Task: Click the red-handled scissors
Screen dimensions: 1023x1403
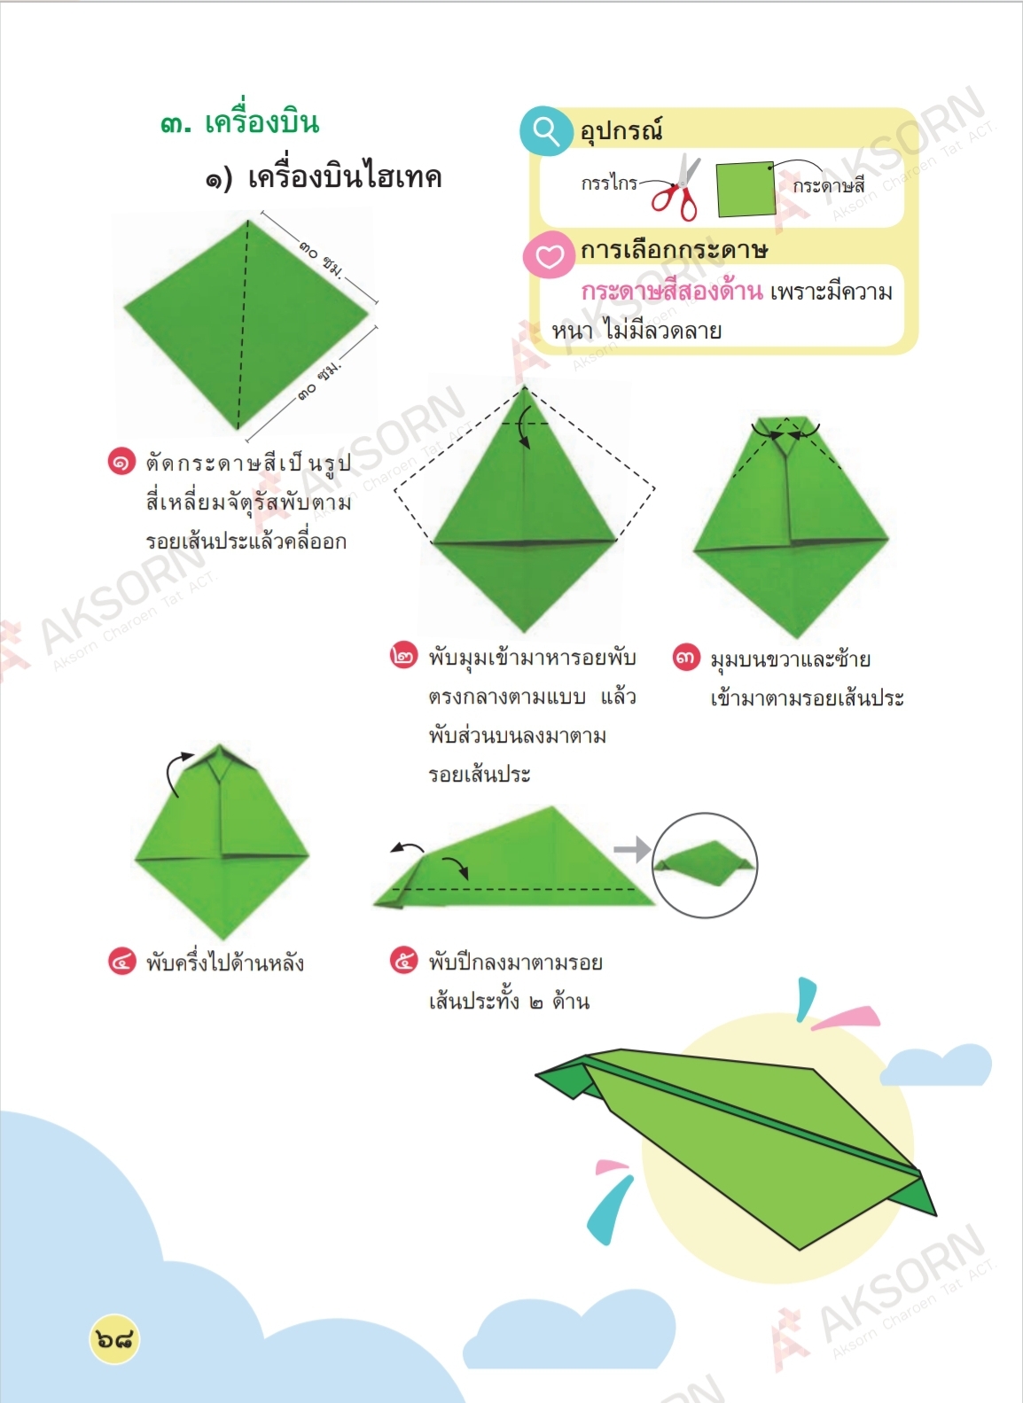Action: [x=675, y=188]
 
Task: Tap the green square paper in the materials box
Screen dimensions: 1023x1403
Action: [x=746, y=189]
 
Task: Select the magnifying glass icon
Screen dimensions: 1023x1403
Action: [x=546, y=131]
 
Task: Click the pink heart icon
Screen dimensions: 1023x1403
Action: [x=550, y=254]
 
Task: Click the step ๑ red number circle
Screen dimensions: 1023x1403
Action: [x=121, y=463]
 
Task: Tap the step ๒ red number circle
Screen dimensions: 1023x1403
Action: [x=403, y=656]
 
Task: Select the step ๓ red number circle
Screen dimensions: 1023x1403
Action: [x=686, y=657]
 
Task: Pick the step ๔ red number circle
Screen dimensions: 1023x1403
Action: [x=121, y=962]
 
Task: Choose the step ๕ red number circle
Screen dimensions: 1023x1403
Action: [x=403, y=960]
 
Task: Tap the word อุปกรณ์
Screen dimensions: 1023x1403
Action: [x=621, y=131]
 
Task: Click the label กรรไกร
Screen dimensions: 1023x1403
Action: [x=609, y=183]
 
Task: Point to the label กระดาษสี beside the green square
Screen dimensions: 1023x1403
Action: [x=829, y=186]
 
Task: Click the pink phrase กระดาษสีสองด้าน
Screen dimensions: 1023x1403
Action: [x=672, y=292]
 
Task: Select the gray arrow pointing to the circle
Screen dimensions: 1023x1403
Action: [x=632, y=849]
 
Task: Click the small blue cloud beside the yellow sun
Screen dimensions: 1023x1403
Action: [x=936, y=1064]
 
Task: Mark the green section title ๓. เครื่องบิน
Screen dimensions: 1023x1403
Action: [x=240, y=123]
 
